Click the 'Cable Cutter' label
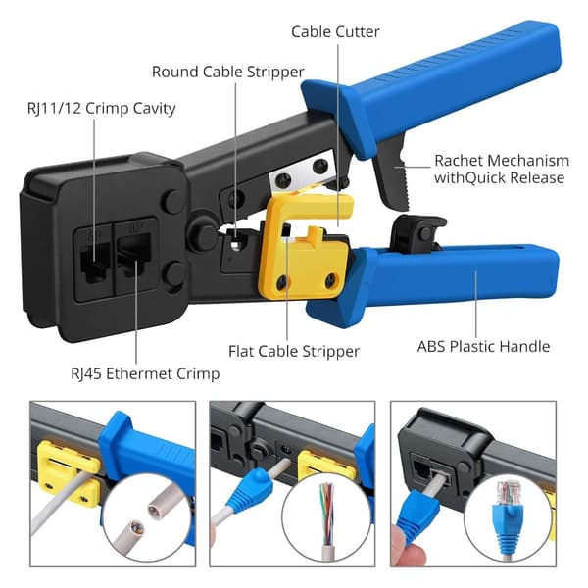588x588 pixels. pos(335,32)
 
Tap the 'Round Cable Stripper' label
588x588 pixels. pos(228,72)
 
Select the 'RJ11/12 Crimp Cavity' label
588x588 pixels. pos(102,109)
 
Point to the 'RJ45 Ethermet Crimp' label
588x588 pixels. pos(145,374)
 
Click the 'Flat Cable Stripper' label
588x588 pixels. pos(294,352)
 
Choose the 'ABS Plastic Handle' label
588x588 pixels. pos(483,346)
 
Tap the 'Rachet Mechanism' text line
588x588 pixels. pos(502,161)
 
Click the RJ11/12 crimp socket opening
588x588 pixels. pos(95,263)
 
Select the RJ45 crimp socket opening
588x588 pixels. pos(134,254)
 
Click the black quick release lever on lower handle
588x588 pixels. pos(417,233)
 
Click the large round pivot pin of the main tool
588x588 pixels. pos(203,235)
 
